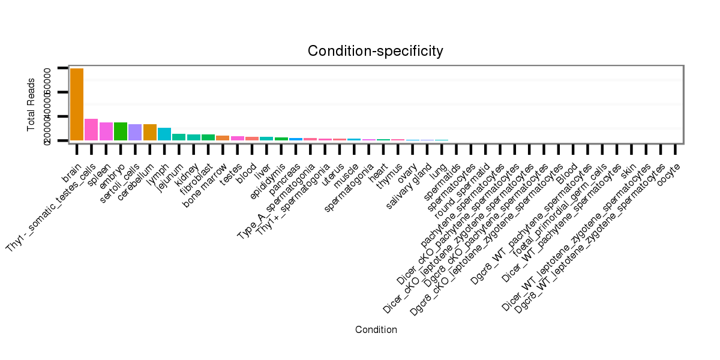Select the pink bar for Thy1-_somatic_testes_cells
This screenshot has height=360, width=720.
[x=91, y=130]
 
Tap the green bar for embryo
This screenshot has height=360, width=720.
[x=121, y=131]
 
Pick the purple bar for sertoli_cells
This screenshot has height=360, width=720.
[x=135, y=132]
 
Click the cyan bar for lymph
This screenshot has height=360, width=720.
[x=164, y=134]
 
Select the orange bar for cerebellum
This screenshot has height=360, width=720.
[x=150, y=132]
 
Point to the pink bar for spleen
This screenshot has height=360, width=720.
[x=106, y=131]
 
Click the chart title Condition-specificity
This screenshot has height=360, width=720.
[x=376, y=51]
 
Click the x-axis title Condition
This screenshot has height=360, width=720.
[x=376, y=329]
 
